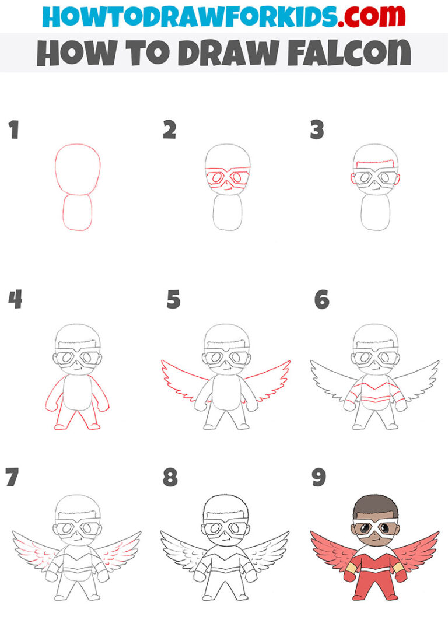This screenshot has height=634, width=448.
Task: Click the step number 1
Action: click(13, 130)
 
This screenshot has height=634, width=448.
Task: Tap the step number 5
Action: click(174, 300)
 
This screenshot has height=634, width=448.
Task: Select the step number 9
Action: click(319, 478)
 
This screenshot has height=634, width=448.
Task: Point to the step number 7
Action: click(12, 478)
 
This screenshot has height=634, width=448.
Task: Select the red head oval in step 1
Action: click(78, 169)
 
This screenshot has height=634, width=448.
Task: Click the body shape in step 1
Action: click(78, 212)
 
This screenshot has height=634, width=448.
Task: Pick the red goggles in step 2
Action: click(228, 177)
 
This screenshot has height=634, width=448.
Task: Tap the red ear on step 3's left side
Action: click(352, 180)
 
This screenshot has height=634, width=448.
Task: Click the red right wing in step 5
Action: click(268, 379)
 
